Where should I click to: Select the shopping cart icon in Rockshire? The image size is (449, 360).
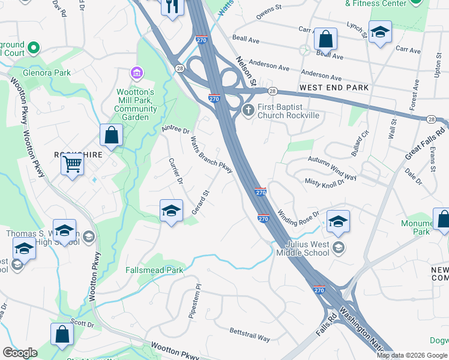pos(72,163)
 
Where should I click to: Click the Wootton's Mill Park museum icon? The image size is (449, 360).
pos(137,73)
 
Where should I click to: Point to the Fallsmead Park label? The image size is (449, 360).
pos(154,271)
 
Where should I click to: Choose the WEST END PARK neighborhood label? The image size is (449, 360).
pos(334,88)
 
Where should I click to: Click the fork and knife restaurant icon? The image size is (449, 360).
pos(172,7)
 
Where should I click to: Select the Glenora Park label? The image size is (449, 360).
pos(47,73)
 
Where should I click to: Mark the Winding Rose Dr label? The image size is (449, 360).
pos(299,214)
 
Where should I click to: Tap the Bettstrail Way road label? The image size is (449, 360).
pos(250,334)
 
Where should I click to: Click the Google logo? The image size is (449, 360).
pos(20,353)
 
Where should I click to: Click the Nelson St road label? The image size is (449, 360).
pos(246,71)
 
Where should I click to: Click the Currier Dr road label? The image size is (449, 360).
pos(175,171)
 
